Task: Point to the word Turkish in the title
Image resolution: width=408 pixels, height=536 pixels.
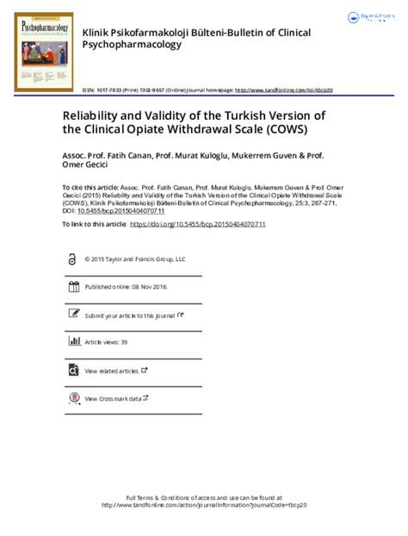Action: click(x=234, y=113)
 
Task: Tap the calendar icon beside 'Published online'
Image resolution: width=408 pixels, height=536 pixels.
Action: click(x=71, y=287)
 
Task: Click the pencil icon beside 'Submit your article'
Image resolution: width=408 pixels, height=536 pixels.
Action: click(x=71, y=315)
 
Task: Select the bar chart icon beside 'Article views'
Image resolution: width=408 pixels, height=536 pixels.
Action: click(x=71, y=342)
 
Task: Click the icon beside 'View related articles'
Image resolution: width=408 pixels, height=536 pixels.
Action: click(x=71, y=371)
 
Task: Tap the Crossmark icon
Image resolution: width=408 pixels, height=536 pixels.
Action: click(x=71, y=399)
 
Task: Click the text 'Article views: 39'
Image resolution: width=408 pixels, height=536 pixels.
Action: click(x=106, y=342)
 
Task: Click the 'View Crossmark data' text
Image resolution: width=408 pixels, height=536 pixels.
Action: click(x=113, y=399)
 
